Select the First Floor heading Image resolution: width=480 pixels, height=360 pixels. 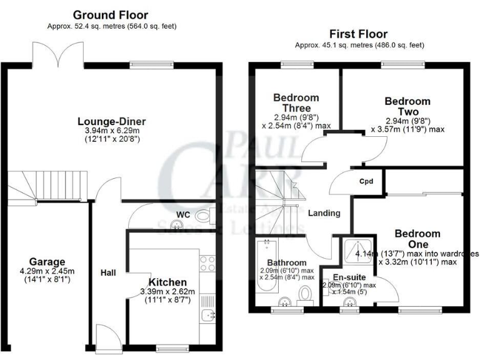coord(359,34)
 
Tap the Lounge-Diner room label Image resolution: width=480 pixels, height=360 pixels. coord(108,121)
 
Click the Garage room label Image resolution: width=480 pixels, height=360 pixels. coord(47,261)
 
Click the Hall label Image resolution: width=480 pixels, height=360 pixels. coord(109,272)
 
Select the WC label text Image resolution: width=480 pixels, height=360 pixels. coord(182,214)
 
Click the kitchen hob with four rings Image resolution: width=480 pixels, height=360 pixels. coord(207,263)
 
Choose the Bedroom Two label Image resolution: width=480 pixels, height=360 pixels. coord(407,106)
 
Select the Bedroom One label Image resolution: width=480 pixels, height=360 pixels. coord(417,239)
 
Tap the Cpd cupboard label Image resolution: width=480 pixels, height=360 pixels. coord(366,182)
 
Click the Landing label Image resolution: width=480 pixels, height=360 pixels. coord(324,213)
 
